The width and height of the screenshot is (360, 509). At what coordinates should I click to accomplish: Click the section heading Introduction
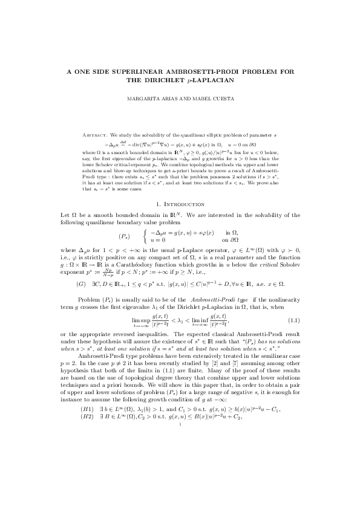point(184,206)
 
